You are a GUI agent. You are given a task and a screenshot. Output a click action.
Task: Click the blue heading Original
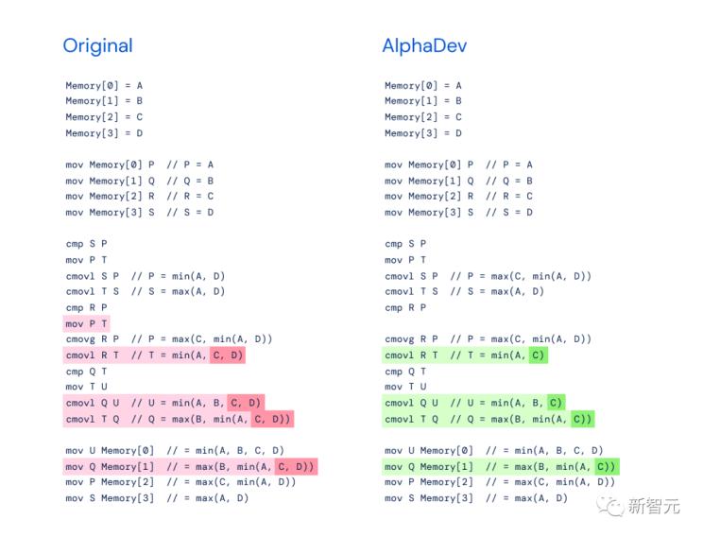(x=97, y=45)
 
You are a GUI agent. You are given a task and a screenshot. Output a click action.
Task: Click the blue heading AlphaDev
(x=424, y=45)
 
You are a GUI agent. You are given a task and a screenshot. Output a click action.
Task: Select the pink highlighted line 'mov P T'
(x=87, y=323)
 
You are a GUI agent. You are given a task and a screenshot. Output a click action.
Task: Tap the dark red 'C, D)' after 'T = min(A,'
(x=228, y=355)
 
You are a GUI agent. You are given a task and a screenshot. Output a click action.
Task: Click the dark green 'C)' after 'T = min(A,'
(x=538, y=355)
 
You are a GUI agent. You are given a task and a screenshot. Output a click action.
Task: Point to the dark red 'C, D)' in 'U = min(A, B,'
(x=246, y=403)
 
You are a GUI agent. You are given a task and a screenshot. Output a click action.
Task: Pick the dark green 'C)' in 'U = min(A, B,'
(x=556, y=403)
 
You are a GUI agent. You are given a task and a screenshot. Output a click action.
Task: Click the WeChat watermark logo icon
(x=609, y=507)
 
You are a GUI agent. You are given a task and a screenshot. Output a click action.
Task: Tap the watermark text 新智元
(x=654, y=506)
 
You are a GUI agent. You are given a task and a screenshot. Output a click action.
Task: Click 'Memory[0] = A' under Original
(x=104, y=86)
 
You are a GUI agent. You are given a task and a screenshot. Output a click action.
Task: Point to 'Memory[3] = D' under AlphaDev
(x=423, y=133)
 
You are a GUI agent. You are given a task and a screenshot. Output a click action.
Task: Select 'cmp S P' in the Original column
(x=87, y=244)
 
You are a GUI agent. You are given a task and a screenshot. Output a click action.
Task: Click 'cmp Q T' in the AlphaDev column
(x=405, y=372)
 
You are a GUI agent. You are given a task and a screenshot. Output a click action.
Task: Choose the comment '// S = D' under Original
(x=190, y=212)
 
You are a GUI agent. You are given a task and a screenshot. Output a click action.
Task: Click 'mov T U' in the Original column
(x=87, y=387)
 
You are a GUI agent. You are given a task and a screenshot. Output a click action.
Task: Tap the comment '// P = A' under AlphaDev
(x=509, y=165)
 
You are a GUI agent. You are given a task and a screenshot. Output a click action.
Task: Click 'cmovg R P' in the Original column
(x=93, y=339)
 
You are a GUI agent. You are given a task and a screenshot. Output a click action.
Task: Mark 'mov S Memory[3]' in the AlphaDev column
(x=429, y=498)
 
